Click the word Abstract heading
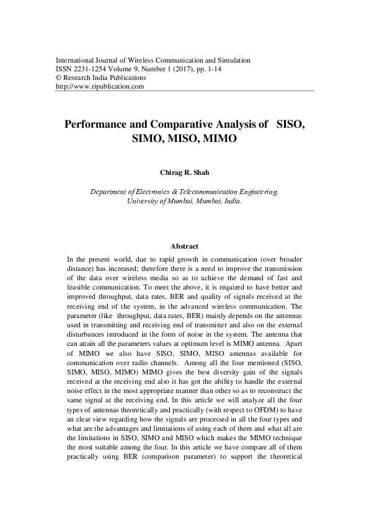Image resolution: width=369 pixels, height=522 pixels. click(x=184, y=246)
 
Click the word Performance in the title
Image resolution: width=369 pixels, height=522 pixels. click(x=98, y=123)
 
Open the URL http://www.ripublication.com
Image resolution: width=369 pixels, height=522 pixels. click(x=100, y=87)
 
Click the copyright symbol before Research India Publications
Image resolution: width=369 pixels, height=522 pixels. click(x=59, y=78)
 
